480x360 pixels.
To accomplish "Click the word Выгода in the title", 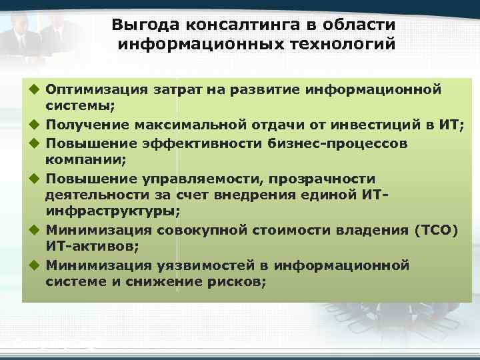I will pyautogui.click(x=137, y=25).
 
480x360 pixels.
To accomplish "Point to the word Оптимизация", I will pyautogui.click(x=95, y=89).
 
